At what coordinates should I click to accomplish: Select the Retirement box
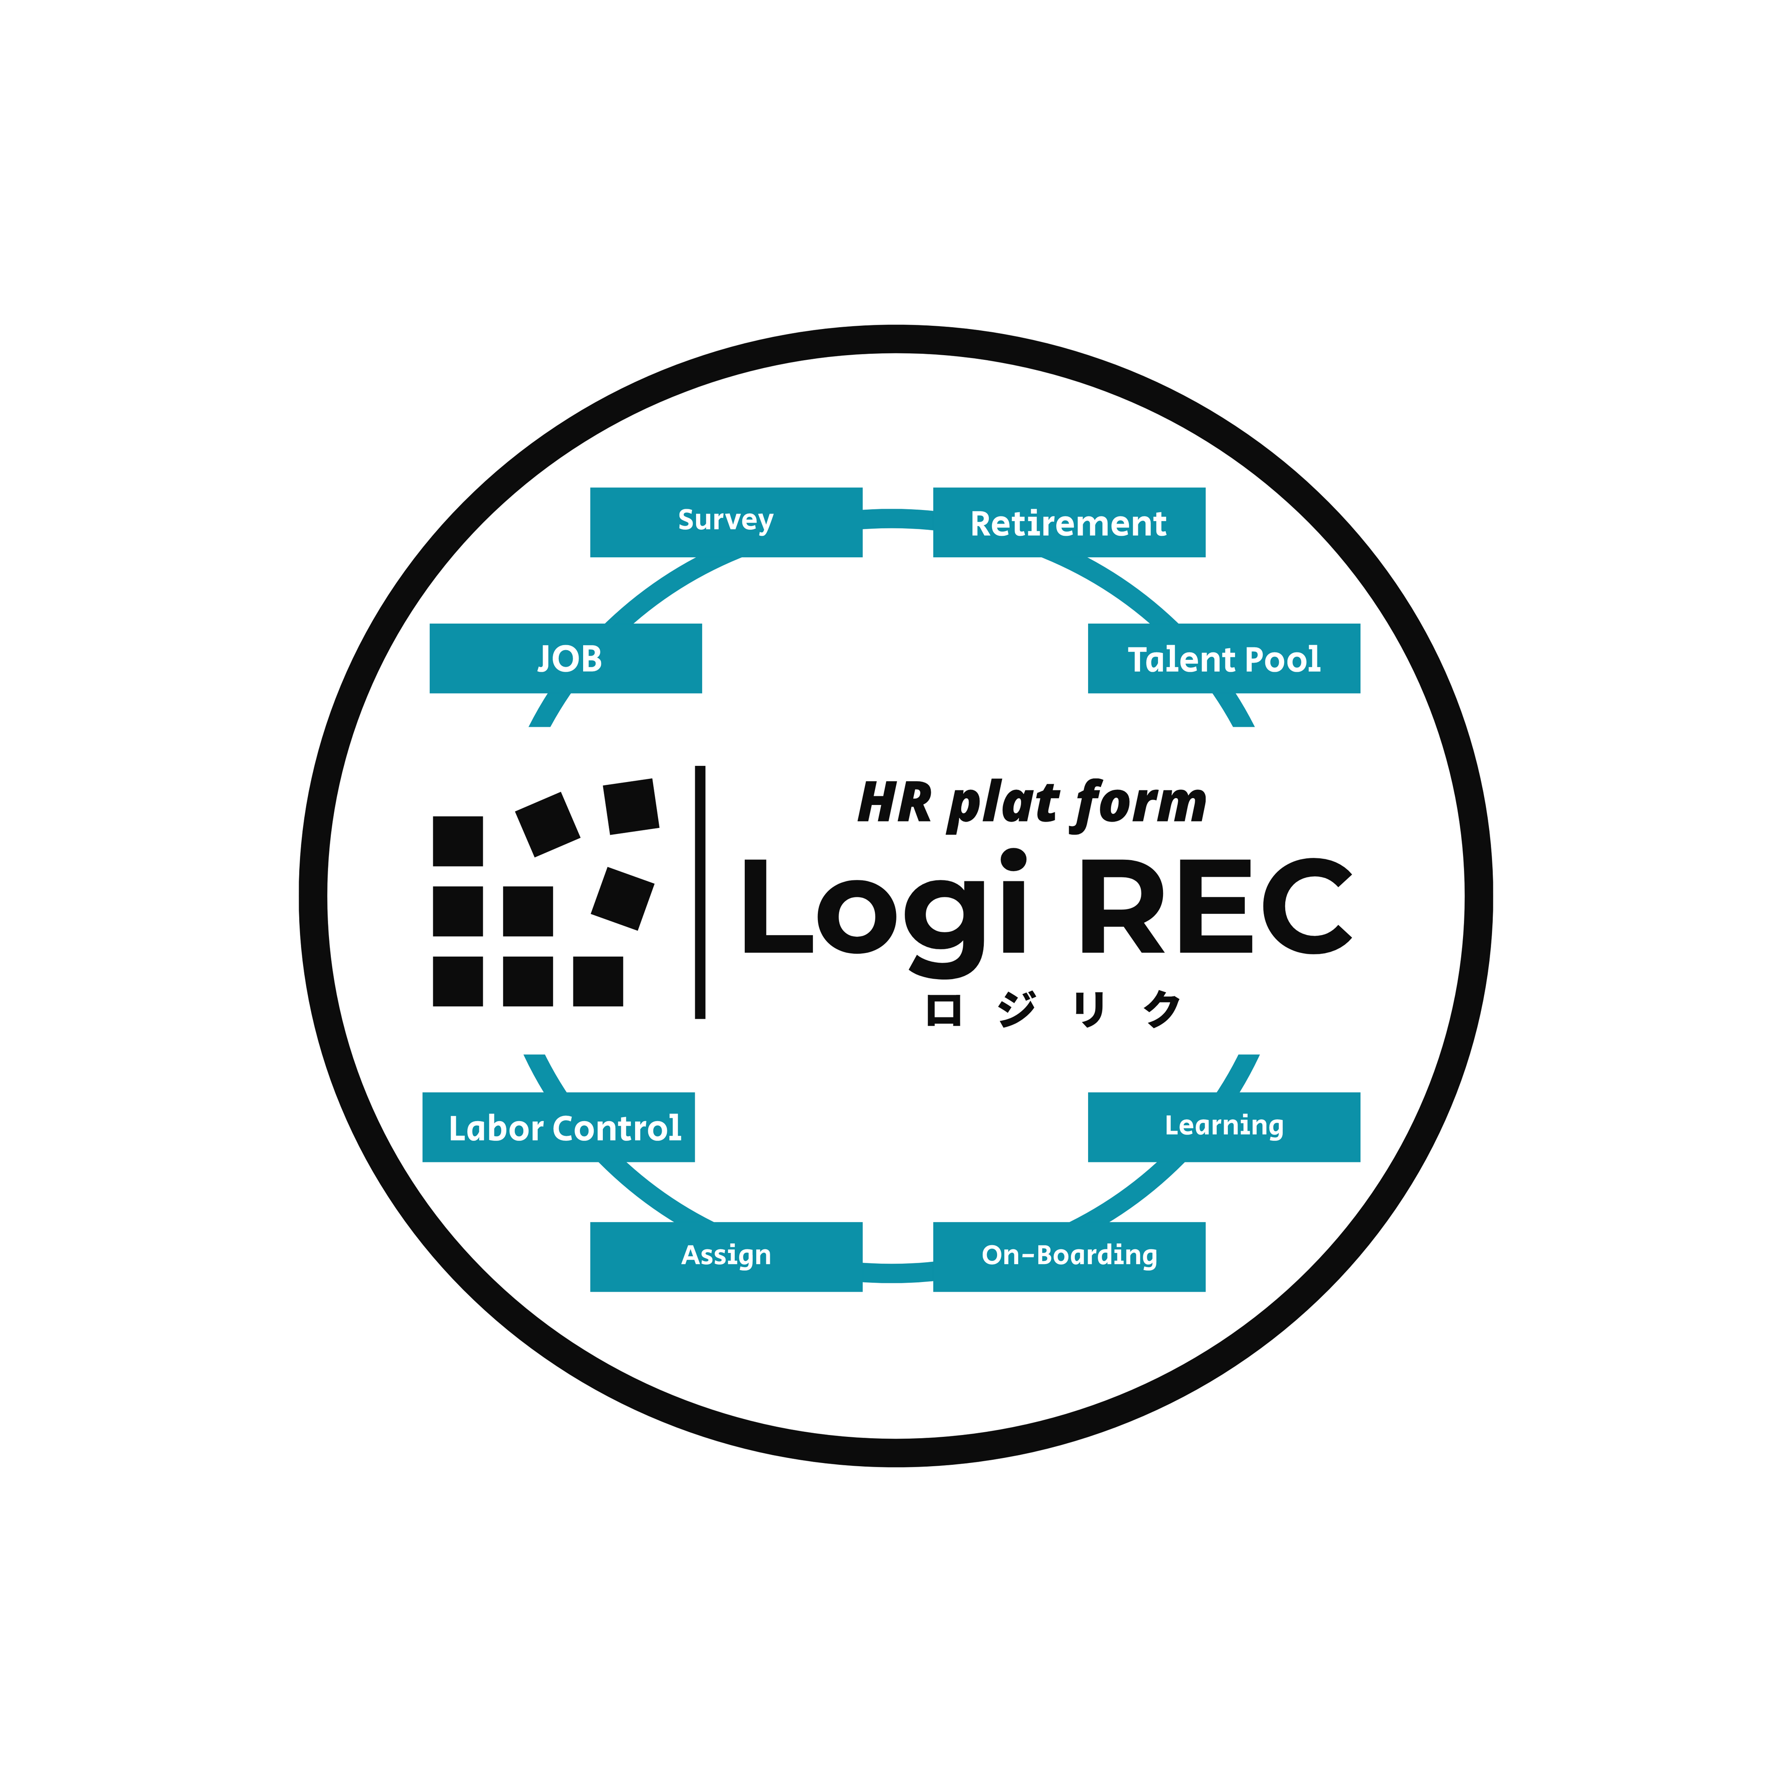1068,522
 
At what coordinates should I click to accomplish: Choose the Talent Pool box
1224,658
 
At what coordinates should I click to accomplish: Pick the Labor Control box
558,1127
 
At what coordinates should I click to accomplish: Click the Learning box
1224,1127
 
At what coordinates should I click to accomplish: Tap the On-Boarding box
1068,1257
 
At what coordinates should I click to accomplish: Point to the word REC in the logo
1215,906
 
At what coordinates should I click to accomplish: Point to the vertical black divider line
700,892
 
